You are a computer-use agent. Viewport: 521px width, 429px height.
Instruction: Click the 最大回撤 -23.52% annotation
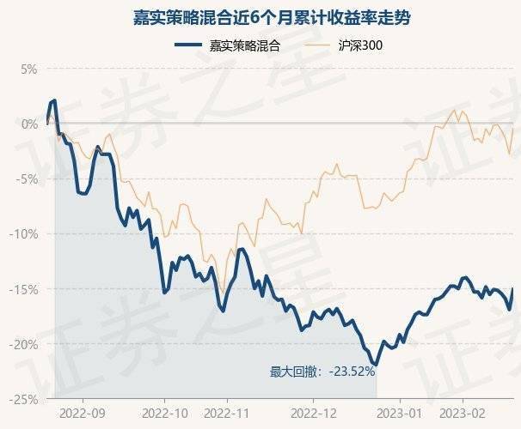(322, 372)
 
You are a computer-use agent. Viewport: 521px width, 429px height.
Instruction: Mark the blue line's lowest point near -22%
(376, 365)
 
